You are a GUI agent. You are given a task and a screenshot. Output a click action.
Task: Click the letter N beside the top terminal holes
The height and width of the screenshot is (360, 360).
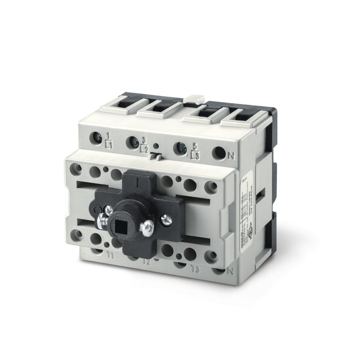231,156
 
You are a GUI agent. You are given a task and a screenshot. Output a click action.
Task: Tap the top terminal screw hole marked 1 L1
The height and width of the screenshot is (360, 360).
96,137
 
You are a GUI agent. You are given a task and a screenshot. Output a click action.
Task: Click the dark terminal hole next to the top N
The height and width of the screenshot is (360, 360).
218,153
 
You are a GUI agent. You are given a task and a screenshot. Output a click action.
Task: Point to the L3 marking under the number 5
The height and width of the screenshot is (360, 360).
195,155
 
